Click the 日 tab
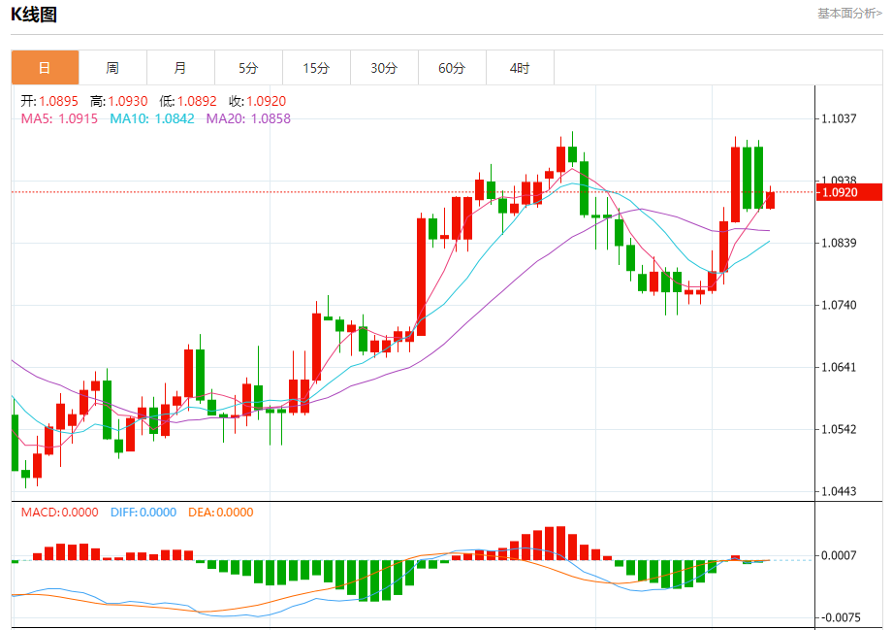click(x=45, y=68)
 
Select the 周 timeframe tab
click(x=112, y=68)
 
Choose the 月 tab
click(x=180, y=68)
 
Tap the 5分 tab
click(x=248, y=68)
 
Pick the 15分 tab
click(x=316, y=68)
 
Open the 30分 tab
click(x=384, y=68)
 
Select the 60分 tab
click(x=452, y=68)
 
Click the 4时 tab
click(x=520, y=68)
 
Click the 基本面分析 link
click(x=849, y=14)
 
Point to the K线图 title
click(x=34, y=14)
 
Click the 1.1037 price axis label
click(x=839, y=118)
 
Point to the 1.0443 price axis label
click(x=839, y=492)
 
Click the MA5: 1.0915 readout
click(x=59, y=118)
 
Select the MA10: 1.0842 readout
click(x=152, y=118)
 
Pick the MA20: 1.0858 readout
click(x=248, y=118)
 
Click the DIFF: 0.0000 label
click(x=143, y=513)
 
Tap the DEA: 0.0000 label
click(x=220, y=513)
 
